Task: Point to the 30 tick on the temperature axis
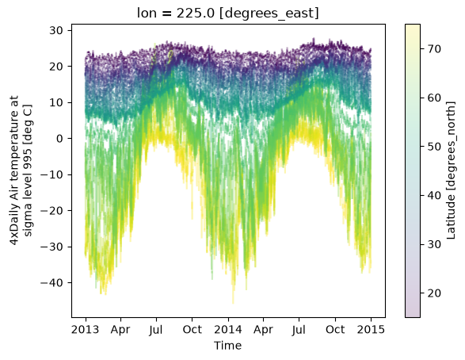coord(56,30)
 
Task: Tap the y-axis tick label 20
coord(56,67)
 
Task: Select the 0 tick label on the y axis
coord(60,139)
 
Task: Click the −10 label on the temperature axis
coord(52,174)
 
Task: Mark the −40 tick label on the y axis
coord(52,283)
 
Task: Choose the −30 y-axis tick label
coord(52,247)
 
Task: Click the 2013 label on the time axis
coord(85,329)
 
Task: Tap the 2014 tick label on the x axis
coord(228,329)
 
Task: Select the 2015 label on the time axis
coord(371,329)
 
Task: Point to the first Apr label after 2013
coord(120,330)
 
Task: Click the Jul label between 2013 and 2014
coord(156,330)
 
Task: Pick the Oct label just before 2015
coord(335,329)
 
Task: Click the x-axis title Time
coord(228,346)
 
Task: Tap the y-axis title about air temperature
coord(21,170)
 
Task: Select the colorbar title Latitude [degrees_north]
coord(450,170)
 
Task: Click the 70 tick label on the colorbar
coord(434,49)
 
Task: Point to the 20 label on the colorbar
coord(434,293)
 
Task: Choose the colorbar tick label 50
coord(434,147)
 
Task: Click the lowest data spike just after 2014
coord(233,302)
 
